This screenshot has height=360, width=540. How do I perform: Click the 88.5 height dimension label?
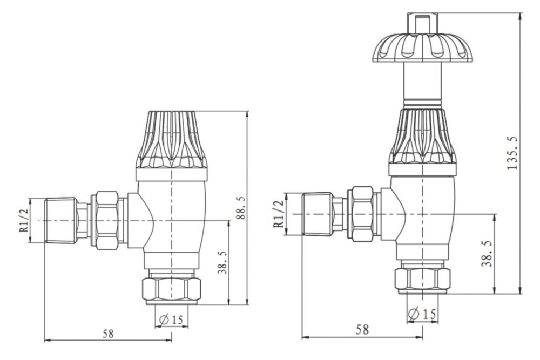pos(241,208)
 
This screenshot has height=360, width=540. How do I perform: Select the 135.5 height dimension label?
pos(512,153)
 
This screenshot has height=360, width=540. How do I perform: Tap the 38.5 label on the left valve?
pos(222,262)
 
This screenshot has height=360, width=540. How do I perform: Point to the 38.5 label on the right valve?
pos(487,254)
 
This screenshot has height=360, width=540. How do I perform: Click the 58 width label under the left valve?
pos(108,334)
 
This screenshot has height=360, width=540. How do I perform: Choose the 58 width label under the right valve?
pos(362,329)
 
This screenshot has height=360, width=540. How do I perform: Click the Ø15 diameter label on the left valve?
pos(171,320)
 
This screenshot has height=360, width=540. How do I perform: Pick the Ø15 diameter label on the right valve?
pos(422,314)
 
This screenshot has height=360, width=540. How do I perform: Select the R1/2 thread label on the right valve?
pos(279,214)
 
